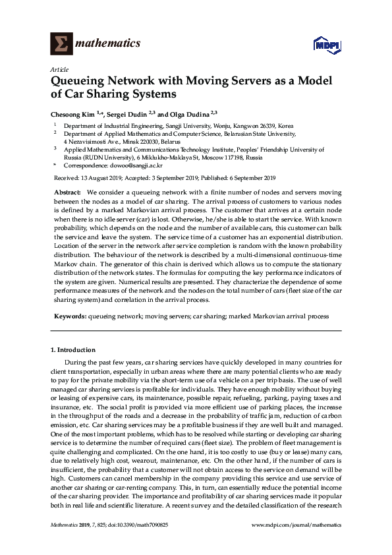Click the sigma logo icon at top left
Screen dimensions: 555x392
(x=61, y=44)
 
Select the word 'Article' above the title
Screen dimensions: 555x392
(x=59, y=69)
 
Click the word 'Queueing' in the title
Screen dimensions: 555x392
(x=78, y=81)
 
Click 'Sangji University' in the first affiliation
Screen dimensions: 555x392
(x=184, y=125)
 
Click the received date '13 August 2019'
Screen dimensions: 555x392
(x=101, y=178)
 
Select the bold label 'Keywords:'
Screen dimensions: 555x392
(x=69, y=316)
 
